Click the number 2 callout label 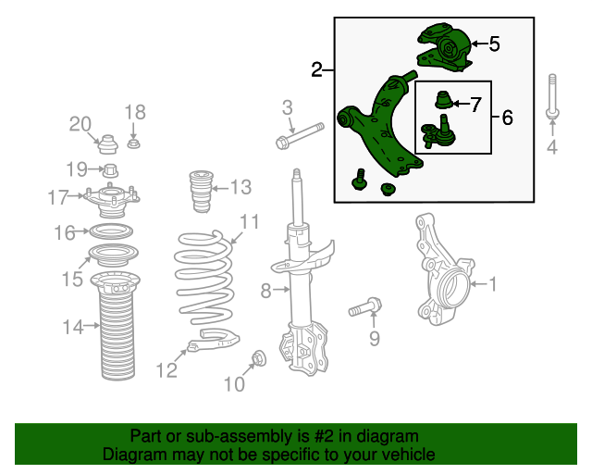(316, 70)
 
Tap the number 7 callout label (475, 105)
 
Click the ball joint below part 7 (438, 132)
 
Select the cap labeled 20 (106, 146)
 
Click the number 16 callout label (63, 232)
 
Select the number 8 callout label (266, 292)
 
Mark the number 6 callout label (507, 118)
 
